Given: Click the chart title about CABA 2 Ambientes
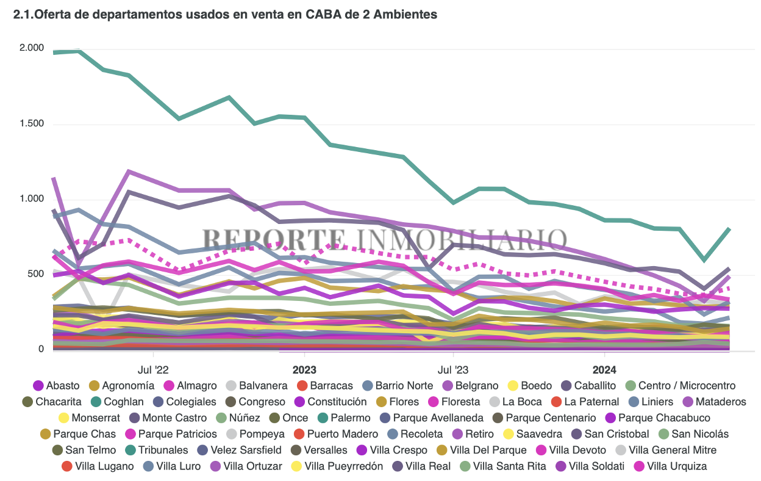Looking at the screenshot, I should point(225,15).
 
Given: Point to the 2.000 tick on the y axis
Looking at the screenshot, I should point(32,48).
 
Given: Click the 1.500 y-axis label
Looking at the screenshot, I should point(32,124).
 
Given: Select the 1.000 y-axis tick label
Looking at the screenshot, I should point(32,199).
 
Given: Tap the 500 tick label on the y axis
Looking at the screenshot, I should point(36,274).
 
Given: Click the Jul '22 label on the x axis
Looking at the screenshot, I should point(153,369).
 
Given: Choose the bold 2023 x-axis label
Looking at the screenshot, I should point(304,369).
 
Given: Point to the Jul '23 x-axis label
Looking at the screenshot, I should point(454,369).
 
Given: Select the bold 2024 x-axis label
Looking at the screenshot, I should point(604,369).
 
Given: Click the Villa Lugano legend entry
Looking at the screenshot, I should point(104,466).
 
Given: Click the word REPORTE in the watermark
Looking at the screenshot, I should point(273,238).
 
